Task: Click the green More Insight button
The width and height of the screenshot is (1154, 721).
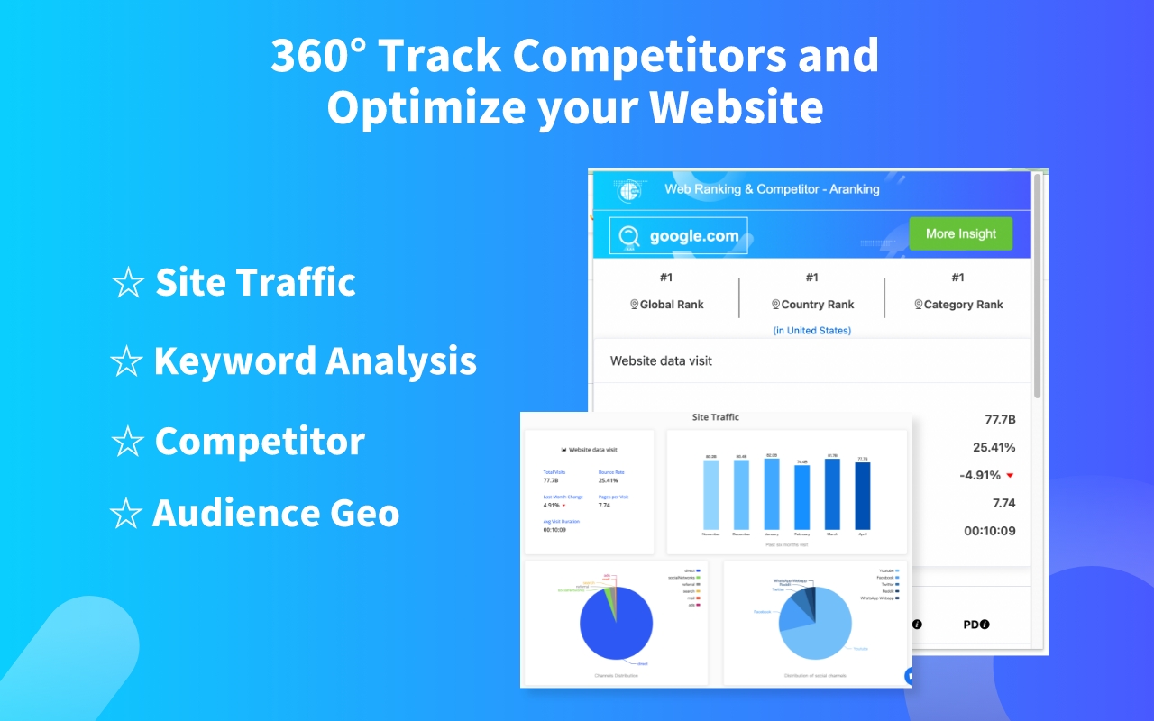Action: pos(960,233)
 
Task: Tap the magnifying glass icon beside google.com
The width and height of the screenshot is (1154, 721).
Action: pos(631,235)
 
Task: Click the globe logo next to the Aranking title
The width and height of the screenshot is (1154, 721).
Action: pos(629,190)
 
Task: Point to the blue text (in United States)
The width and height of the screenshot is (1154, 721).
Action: pos(811,331)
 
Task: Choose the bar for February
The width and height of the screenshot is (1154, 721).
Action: pos(801,497)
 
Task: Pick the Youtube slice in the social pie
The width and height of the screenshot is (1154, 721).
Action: pos(816,635)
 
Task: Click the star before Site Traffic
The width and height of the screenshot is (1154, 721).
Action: pos(127,284)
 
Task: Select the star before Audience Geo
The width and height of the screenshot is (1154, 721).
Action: pos(125,515)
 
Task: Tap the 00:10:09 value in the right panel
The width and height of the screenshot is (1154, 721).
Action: pos(989,531)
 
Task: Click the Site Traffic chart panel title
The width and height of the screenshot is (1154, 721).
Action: pos(715,417)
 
